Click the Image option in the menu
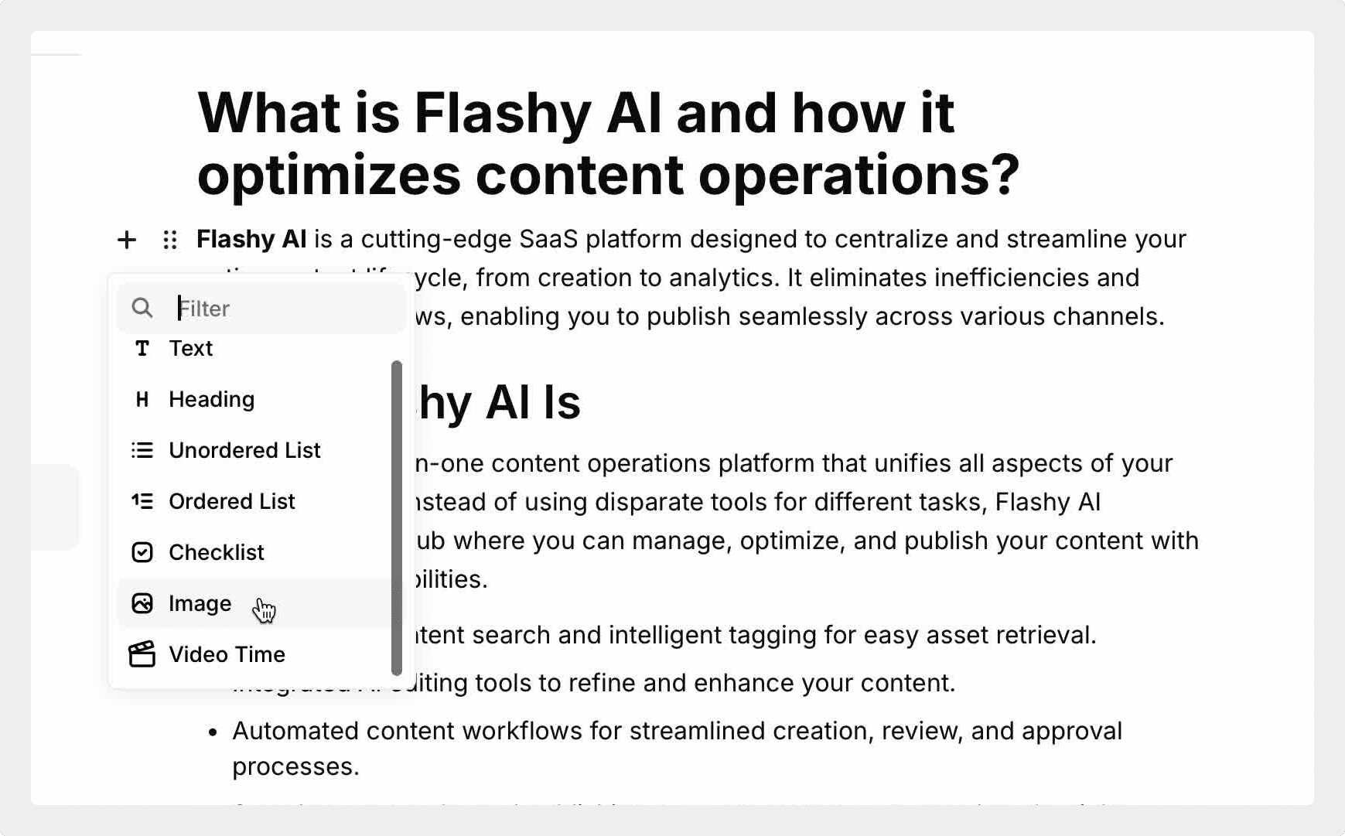tap(200, 603)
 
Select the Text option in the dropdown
tap(190, 349)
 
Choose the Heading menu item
tap(211, 399)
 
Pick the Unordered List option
tap(244, 450)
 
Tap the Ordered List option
tap(231, 501)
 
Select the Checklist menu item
tap(216, 552)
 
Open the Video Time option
tap(227, 654)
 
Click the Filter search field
tap(278, 309)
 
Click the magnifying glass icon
tap(142, 308)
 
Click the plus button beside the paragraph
tap(127, 240)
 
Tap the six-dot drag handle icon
tap(170, 240)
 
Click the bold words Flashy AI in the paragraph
tap(251, 239)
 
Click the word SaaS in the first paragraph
tap(548, 239)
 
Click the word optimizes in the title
tap(329, 175)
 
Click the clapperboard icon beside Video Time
tap(142, 654)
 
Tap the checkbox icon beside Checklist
tap(142, 552)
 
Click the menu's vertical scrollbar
tap(397, 518)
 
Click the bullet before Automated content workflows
tap(213, 732)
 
